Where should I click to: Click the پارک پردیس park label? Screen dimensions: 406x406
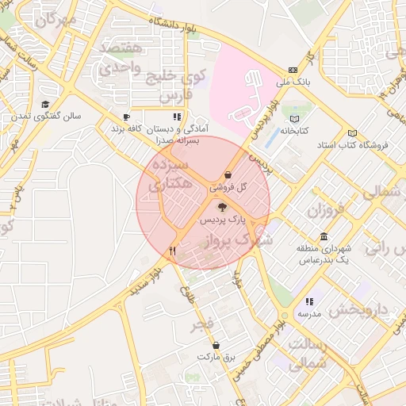point(222,217)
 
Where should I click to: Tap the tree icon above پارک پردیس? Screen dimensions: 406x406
point(221,206)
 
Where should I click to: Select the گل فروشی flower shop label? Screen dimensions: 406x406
point(228,188)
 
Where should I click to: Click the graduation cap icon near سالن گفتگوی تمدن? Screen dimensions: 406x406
point(45,105)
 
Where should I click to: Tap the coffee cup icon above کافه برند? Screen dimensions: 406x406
point(126,117)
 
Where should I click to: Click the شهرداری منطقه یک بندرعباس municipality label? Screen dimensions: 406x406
point(324,255)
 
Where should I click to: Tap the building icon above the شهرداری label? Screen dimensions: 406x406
point(324,237)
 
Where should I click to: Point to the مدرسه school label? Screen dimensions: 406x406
point(308,314)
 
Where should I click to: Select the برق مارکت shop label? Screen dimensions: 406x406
point(217,357)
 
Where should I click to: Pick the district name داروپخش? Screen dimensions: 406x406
point(360,309)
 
